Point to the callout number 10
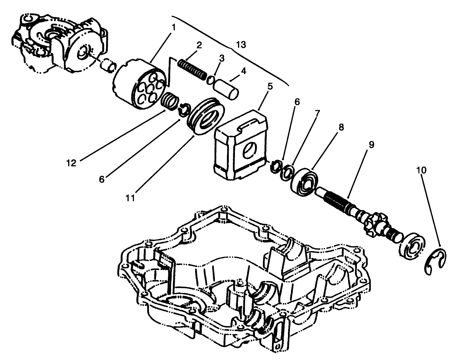pos(421,170)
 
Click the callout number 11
pos(130,198)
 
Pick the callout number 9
pos(371,144)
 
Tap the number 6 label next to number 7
pos(297,102)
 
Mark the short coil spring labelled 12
pos(170,101)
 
